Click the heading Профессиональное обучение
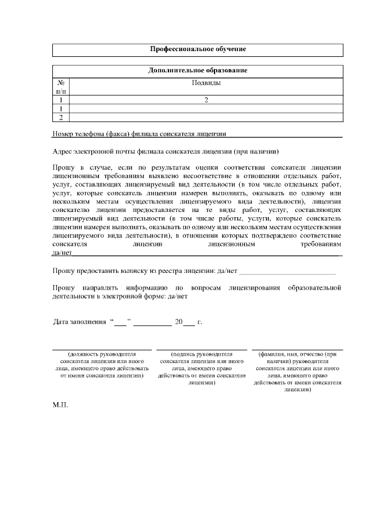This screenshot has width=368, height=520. pyautogui.click(x=198, y=49)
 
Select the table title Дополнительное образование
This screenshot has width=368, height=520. pyautogui.click(x=198, y=71)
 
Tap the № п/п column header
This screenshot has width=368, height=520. pyautogui.click(x=61, y=87)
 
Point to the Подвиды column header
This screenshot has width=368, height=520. pyautogui.click(x=206, y=83)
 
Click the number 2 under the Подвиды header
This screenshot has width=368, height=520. pyautogui.click(x=206, y=100)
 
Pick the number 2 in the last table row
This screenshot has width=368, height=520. pyautogui.click(x=61, y=117)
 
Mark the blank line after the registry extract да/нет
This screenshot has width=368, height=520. pyautogui.click(x=287, y=270)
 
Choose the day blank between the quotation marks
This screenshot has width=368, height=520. pyautogui.click(x=120, y=322)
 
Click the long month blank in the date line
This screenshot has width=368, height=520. pyautogui.click(x=152, y=322)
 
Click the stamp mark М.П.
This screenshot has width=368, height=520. pyautogui.click(x=60, y=405)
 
